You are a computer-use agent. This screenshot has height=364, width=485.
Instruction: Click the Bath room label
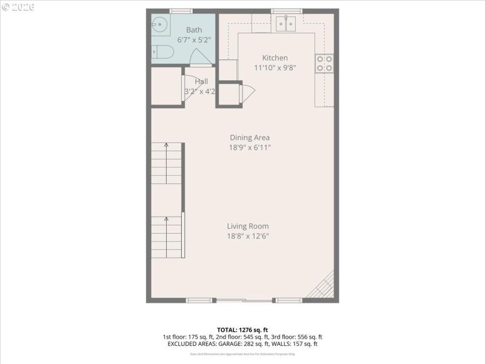pyautogui.click(x=194, y=30)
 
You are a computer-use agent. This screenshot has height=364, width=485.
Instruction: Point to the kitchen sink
pyautogui.click(x=285, y=23)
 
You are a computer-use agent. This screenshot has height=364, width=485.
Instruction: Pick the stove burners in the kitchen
pyautogui.click(x=324, y=64)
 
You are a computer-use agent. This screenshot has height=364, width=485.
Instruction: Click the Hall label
pyautogui.click(x=201, y=81)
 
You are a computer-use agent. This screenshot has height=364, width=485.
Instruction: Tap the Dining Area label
pyautogui.click(x=249, y=138)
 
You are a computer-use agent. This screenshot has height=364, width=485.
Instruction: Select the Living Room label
pyautogui.click(x=248, y=226)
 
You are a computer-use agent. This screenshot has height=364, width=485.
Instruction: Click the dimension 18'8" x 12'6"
pyautogui.click(x=248, y=236)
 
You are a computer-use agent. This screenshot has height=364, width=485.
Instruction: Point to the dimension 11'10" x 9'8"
pyautogui.click(x=275, y=68)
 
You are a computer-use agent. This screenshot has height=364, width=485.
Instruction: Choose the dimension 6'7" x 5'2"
pyautogui.click(x=194, y=39)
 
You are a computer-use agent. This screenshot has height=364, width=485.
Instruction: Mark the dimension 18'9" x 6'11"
pyautogui.click(x=249, y=147)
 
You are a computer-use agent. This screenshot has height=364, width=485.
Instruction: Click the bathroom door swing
pyautogui.click(x=200, y=58)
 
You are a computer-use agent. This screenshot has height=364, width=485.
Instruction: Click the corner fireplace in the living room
pyautogui.click(x=323, y=286)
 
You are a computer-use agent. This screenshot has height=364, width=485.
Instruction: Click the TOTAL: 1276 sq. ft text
pyautogui.click(x=242, y=329)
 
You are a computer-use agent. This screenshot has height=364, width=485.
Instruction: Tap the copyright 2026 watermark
pyautogui.click(x=18, y=7)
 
